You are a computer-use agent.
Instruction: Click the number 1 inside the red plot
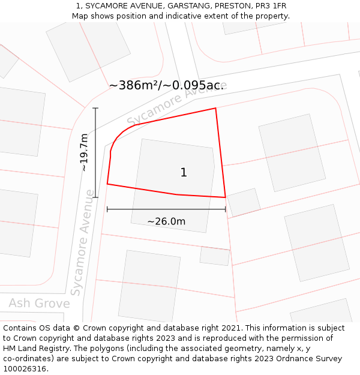tap(184, 173)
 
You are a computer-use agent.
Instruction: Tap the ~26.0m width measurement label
tap(166, 221)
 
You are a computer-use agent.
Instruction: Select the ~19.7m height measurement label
tap(85, 152)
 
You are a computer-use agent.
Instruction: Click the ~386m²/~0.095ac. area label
tap(166, 85)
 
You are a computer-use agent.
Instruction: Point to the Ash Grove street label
tap(39, 303)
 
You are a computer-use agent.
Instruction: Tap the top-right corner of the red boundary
tap(215, 109)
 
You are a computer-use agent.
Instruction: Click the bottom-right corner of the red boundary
tap(225, 197)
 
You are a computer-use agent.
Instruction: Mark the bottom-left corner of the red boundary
tap(107, 184)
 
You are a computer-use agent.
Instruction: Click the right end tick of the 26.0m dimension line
tap(225, 209)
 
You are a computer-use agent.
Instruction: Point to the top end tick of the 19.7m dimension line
tap(95, 108)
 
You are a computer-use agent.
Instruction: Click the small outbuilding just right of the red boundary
tap(244, 202)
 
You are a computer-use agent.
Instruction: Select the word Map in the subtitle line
tap(80, 16)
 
